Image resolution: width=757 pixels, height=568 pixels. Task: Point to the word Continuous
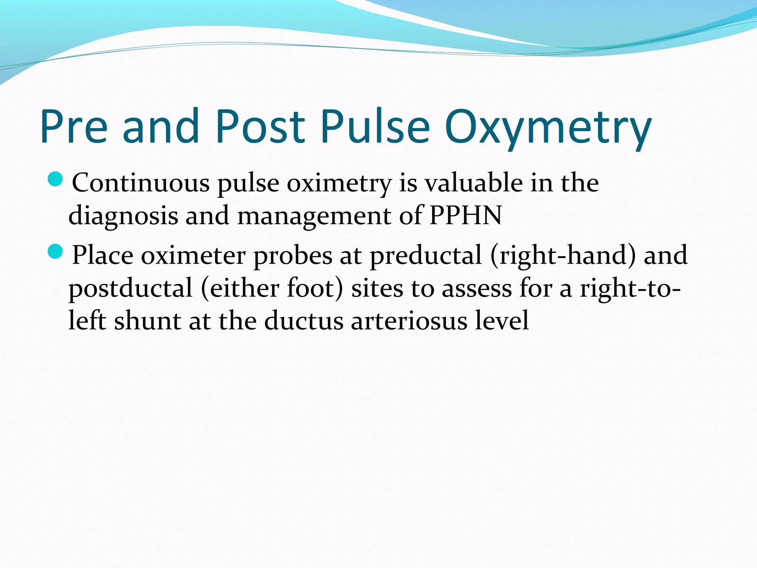tap(140, 183)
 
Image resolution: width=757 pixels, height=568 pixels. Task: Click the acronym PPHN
tap(465, 215)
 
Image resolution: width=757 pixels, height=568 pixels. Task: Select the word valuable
tap(473, 183)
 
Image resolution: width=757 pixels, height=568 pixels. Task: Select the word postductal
tap(130, 288)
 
